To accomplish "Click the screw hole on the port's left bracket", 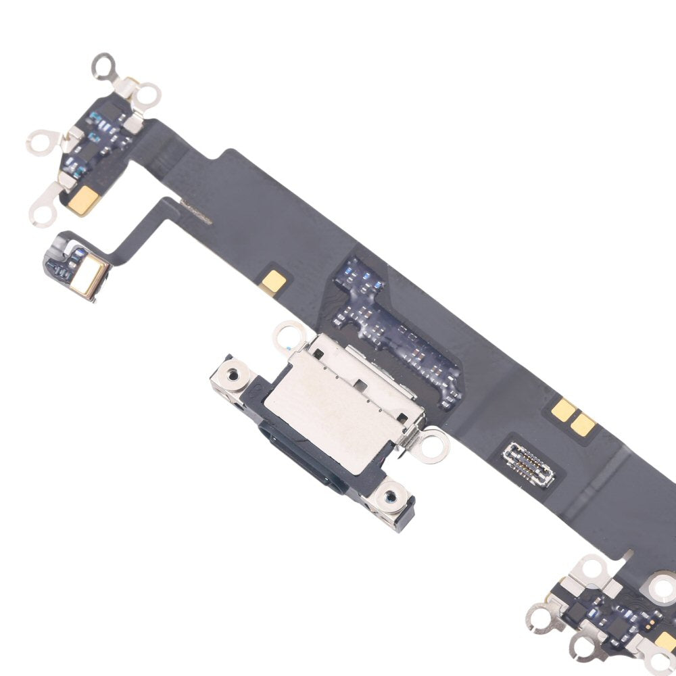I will (234, 374).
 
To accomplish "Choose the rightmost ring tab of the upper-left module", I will (147, 95).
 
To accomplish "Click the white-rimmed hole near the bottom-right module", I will (664, 586).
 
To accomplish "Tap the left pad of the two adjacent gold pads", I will (562, 408).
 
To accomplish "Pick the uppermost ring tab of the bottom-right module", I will (592, 568).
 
